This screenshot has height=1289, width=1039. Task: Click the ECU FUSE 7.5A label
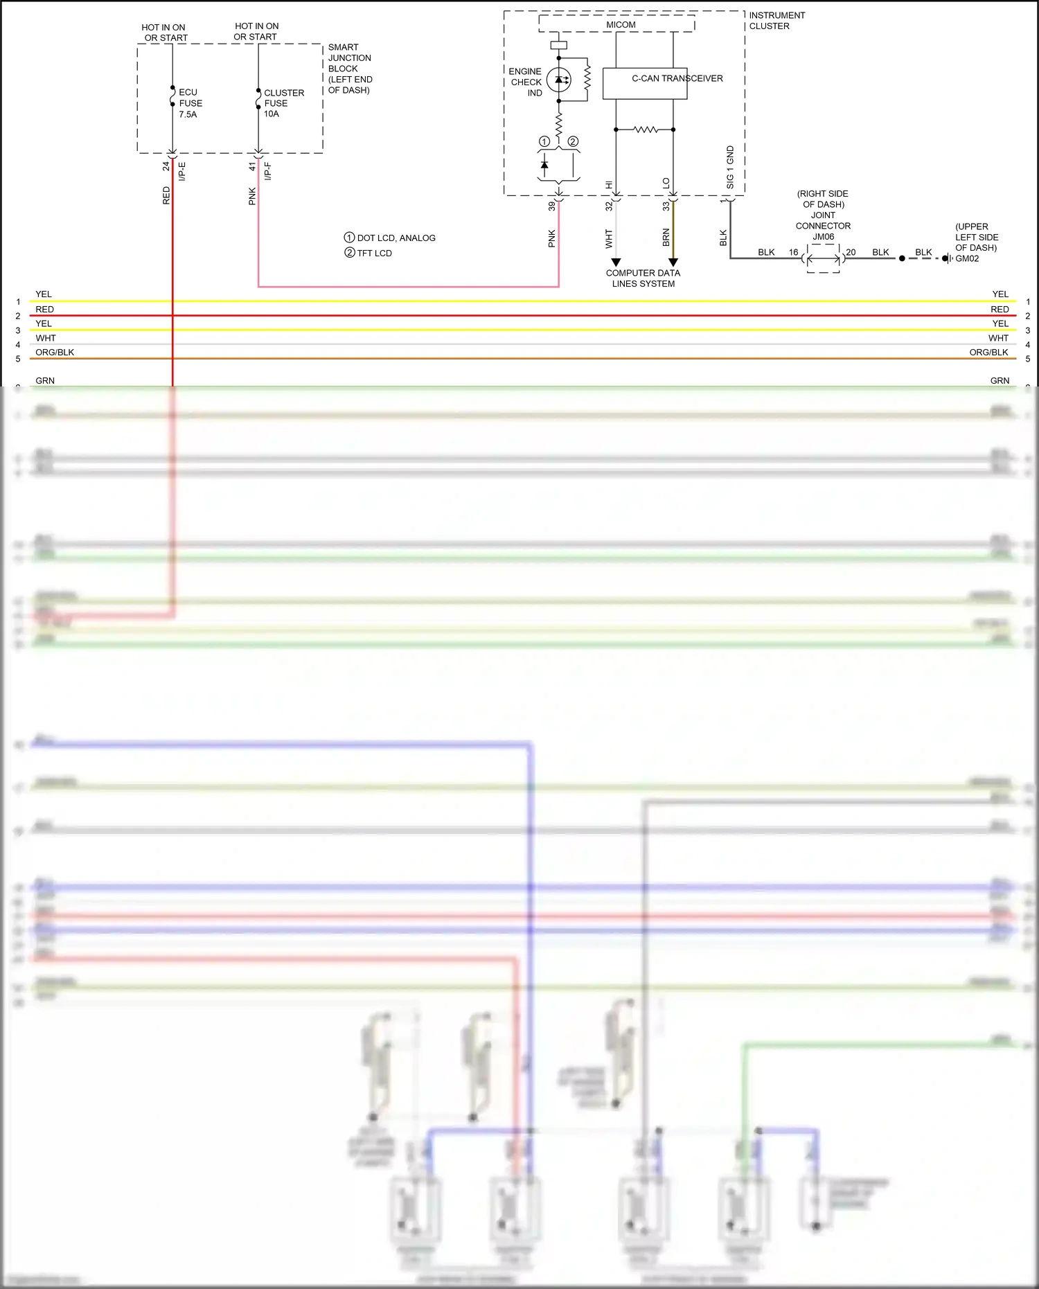[190, 103]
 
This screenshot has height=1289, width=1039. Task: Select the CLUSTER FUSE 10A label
[283, 103]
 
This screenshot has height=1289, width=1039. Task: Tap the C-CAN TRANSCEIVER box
[645, 83]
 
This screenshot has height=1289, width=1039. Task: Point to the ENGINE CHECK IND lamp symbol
[559, 80]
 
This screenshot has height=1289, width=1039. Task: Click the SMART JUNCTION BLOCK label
[349, 69]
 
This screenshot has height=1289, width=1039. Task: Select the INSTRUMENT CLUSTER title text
[776, 21]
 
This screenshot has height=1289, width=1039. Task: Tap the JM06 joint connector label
[823, 237]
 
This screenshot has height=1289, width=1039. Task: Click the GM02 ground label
[967, 258]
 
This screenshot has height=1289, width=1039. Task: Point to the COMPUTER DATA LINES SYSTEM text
[643, 278]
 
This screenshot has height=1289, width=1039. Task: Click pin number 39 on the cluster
[552, 206]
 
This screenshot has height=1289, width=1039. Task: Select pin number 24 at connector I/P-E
[166, 166]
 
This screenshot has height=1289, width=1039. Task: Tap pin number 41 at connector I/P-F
[253, 166]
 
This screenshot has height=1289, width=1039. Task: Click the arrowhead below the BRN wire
[673, 263]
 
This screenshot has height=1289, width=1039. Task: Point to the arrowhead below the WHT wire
[616, 263]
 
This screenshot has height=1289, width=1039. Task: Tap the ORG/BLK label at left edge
[55, 352]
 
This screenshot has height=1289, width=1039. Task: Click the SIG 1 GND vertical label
[730, 167]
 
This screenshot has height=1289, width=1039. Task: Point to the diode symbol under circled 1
[544, 165]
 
